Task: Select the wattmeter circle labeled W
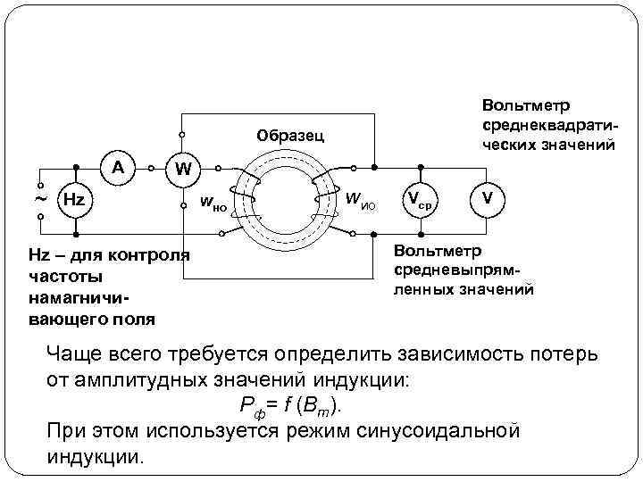(182, 167)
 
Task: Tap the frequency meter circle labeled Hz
(74, 199)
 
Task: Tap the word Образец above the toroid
(289, 137)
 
